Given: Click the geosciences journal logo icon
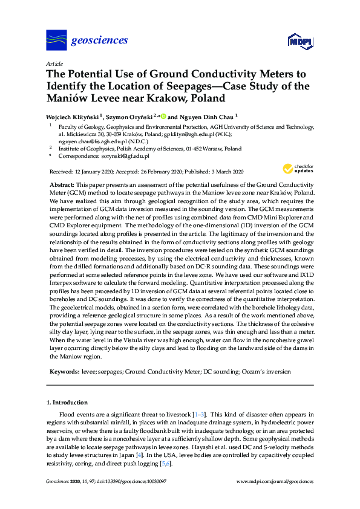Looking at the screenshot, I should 56,41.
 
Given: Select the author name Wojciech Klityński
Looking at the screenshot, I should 73,116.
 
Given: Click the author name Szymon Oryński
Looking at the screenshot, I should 133,116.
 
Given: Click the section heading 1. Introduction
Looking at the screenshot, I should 69,402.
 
